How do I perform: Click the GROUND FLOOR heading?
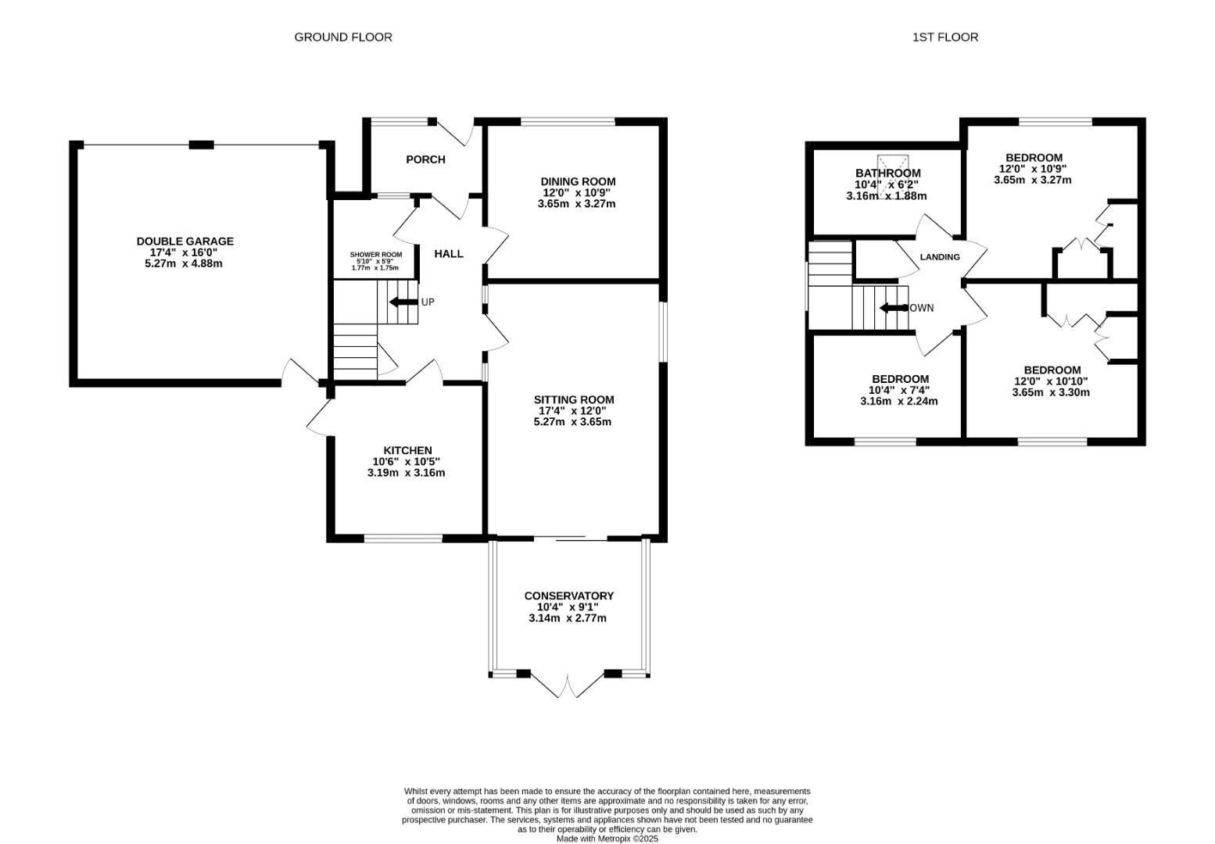(x=342, y=37)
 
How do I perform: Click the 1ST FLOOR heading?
(x=944, y=37)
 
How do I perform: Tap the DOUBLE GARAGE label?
(x=185, y=241)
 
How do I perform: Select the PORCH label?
(x=425, y=159)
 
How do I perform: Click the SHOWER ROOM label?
(x=375, y=255)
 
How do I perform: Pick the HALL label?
(x=448, y=254)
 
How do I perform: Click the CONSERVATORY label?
(x=568, y=595)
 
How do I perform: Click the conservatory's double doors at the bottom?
(x=568, y=685)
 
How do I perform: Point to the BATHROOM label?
(x=887, y=173)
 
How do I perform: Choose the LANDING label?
(x=939, y=257)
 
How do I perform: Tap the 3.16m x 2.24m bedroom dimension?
(x=898, y=401)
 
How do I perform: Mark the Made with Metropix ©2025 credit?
(x=607, y=839)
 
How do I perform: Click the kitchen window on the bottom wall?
(x=403, y=538)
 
